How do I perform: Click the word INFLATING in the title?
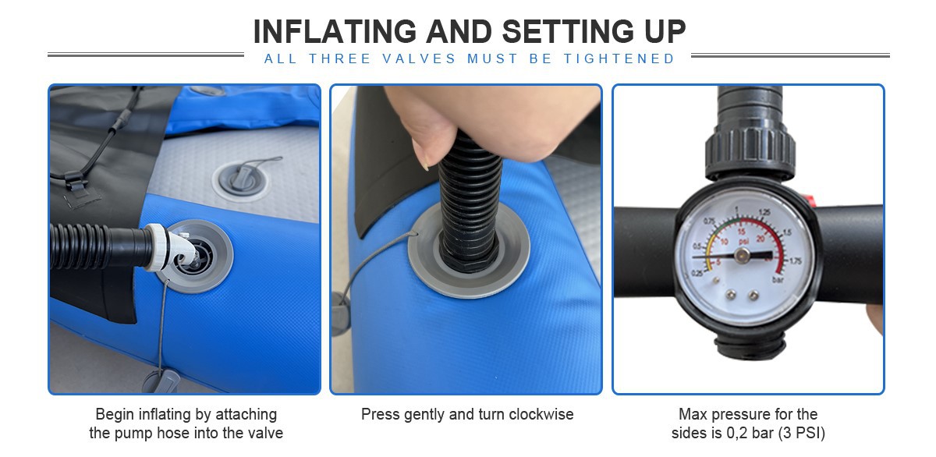[x=335, y=32]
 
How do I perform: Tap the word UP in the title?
[x=665, y=32]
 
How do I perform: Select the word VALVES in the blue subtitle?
[x=419, y=59]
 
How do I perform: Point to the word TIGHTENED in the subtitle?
[x=619, y=59]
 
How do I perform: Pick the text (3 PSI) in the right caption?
[x=802, y=433]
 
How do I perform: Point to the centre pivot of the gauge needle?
[x=742, y=255]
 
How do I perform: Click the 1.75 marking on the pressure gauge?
[x=795, y=261]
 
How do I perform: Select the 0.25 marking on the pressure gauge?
[x=697, y=274]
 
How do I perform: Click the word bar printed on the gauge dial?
[x=778, y=279]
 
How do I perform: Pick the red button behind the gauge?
[x=810, y=200]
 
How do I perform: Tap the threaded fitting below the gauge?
[x=750, y=348]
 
